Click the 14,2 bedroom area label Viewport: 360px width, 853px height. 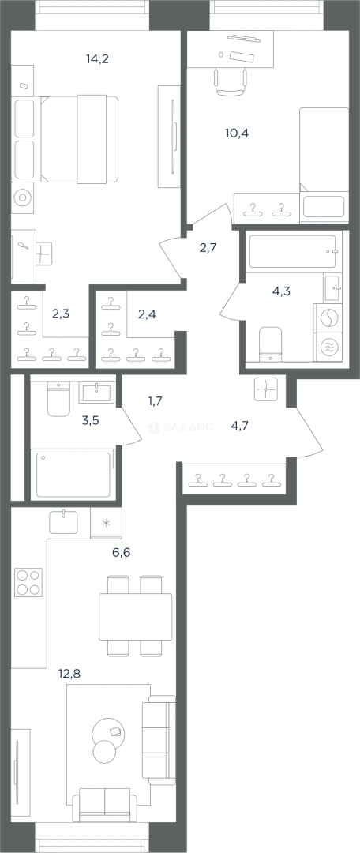(x=97, y=59)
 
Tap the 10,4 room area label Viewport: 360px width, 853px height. (x=237, y=133)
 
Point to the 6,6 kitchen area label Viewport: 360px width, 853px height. (x=121, y=553)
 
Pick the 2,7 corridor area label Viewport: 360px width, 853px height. (x=208, y=249)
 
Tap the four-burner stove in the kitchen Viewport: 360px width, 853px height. (x=28, y=582)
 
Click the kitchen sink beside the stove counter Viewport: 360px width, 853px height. (x=64, y=522)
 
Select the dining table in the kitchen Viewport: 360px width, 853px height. (x=136, y=616)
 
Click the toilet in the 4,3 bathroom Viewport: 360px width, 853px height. (x=270, y=343)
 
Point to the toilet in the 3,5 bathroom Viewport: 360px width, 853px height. (x=58, y=399)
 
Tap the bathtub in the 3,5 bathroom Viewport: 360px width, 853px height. (x=73, y=473)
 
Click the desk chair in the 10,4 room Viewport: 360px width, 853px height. (x=231, y=81)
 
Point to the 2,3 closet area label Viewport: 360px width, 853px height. (x=60, y=314)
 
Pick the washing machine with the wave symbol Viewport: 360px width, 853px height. (x=328, y=347)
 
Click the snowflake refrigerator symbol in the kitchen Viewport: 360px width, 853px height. (x=106, y=524)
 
